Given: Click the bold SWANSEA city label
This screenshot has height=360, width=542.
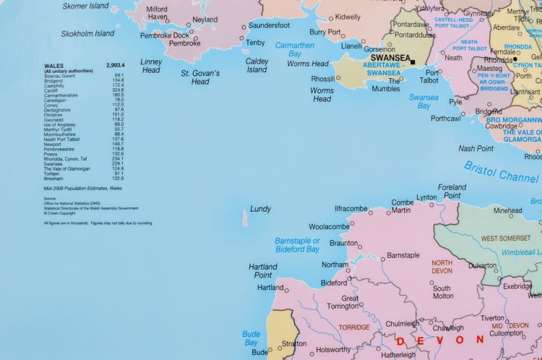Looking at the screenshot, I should click(390, 59).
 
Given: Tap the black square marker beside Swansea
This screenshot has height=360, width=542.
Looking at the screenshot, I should click(413, 62).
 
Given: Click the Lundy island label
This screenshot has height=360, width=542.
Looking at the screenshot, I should click(260, 209).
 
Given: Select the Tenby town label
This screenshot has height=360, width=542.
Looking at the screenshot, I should click(255, 43).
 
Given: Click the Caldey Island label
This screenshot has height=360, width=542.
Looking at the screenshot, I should click(257, 66).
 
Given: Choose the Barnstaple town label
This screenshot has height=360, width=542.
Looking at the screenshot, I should click(403, 255).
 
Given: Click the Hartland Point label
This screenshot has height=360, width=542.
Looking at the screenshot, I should click(263, 271).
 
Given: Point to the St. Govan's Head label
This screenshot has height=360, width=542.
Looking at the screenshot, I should click(200, 77).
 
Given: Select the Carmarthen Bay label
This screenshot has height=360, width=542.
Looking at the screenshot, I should click(295, 49).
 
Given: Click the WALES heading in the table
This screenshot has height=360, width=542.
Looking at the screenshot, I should click(54, 65).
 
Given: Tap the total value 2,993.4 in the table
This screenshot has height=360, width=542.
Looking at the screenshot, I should click(116, 65).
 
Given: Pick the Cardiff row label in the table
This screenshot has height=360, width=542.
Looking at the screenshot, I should click(52, 90).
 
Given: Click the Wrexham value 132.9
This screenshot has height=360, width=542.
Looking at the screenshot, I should click(118, 178).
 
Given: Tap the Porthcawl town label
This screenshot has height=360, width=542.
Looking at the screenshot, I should click(446, 118).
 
